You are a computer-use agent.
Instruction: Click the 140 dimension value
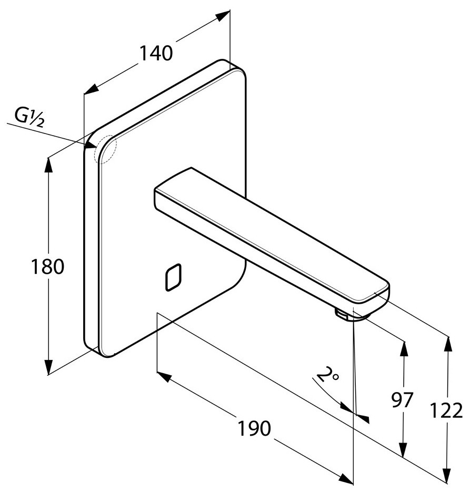tap(156, 53)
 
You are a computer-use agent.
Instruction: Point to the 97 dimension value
tap(403, 400)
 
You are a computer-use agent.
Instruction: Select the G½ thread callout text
tap(29, 116)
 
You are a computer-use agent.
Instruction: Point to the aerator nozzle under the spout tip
tap(345, 314)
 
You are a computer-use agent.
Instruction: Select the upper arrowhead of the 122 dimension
tap(448, 344)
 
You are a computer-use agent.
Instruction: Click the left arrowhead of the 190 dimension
tap(164, 376)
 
